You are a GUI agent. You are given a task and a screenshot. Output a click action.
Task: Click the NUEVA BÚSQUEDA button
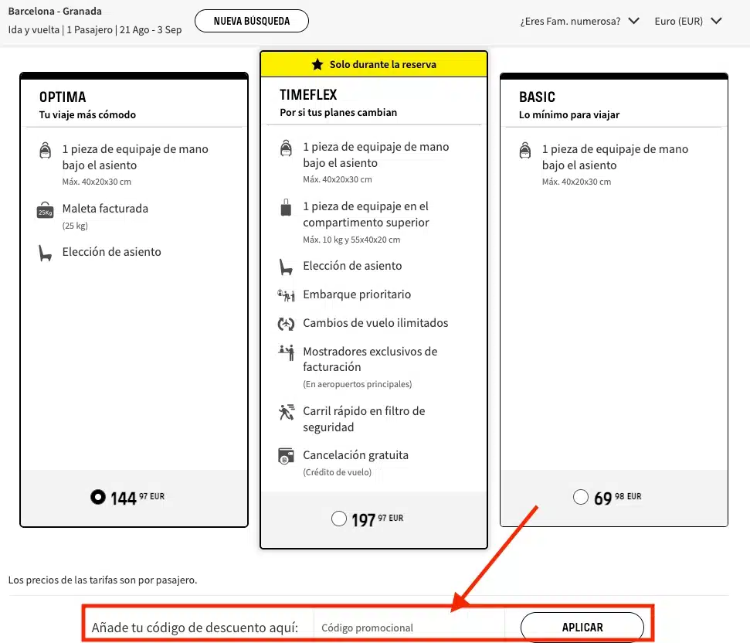(252, 21)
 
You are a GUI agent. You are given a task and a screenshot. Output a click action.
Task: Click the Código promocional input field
(409, 628)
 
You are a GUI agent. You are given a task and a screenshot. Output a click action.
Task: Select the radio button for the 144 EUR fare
(98, 497)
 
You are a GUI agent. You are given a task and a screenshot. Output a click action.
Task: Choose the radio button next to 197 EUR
(339, 519)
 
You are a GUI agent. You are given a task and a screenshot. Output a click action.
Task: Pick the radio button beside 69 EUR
(581, 497)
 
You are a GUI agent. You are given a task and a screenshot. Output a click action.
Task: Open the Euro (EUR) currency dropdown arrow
(716, 21)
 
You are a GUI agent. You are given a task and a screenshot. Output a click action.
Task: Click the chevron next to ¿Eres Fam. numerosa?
(634, 21)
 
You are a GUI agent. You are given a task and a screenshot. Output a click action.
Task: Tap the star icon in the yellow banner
(317, 64)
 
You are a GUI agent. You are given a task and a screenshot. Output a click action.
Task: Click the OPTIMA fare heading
(63, 97)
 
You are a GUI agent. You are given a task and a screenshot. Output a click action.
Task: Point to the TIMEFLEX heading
(308, 95)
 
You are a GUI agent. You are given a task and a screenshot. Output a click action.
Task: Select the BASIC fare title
(537, 97)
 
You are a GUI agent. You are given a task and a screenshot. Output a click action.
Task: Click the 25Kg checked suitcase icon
(46, 210)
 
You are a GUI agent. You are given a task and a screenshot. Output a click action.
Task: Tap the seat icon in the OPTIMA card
(45, 253)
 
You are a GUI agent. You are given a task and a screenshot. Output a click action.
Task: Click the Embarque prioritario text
(357, 294)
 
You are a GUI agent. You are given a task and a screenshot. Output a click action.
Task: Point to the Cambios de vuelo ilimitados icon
(286, 324)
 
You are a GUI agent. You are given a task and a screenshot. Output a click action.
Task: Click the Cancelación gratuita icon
(286, 456)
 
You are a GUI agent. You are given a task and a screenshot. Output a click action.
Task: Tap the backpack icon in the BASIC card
(525, 150)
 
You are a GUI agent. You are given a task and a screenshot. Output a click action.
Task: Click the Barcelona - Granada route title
(55, 11)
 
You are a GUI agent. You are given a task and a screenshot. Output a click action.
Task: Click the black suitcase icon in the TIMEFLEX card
(286, 207)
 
